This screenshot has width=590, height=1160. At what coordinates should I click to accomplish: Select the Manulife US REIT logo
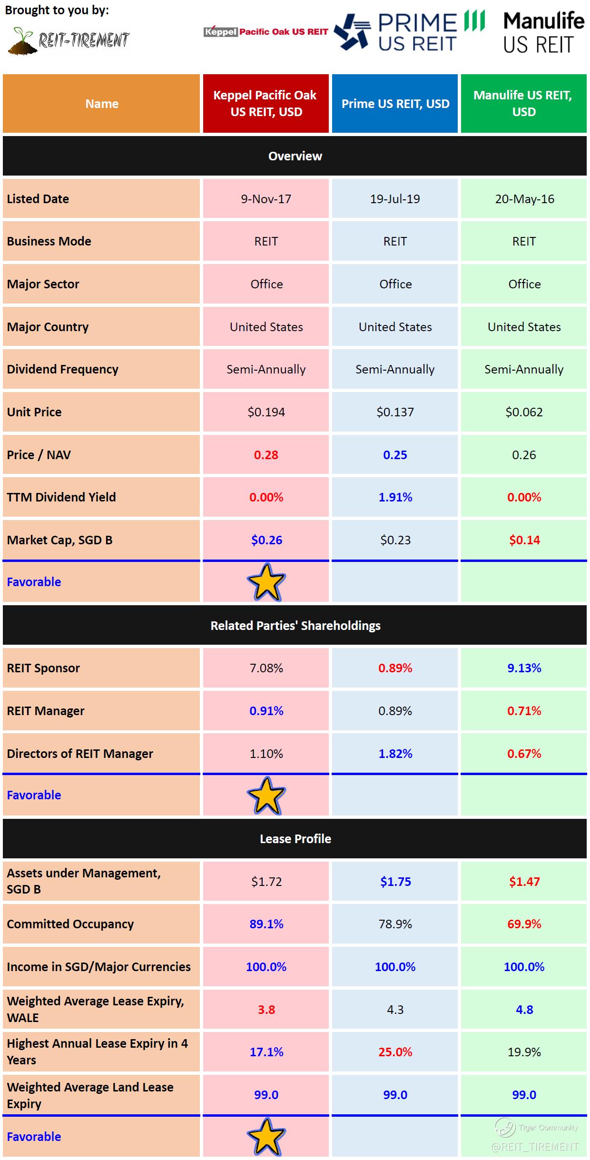(543, 32)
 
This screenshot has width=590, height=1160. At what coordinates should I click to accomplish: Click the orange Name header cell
(101, 104)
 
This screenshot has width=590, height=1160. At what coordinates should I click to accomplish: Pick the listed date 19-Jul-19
(395, 199)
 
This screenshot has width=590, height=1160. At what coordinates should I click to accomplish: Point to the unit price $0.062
(524, 412)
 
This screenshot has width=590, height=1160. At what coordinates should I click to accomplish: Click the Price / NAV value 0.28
(266, 455)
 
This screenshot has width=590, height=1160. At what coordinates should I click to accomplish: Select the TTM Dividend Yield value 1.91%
(395, 497)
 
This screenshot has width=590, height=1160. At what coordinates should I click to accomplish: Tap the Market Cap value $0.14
(524, 540)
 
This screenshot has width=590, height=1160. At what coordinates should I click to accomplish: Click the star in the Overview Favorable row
(266, 582)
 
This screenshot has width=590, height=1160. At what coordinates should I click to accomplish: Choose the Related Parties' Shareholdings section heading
(295, 626)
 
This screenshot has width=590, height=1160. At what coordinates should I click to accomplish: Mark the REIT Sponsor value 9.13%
(524, 668)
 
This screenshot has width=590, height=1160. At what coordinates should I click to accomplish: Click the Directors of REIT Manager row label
(80, 754)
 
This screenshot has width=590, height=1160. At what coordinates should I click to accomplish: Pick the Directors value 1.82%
(395, 754)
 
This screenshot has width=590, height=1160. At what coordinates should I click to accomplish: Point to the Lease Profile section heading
(295, 839)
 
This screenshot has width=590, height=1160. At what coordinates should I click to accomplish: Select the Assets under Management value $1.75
(395, 882)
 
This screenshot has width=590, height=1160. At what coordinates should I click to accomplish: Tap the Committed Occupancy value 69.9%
(524, 924)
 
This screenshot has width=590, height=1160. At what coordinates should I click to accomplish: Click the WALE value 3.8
(266, 1010)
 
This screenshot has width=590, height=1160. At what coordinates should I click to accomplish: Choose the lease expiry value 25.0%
(395, 1052)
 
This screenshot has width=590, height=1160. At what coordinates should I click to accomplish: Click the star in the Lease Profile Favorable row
(266, 1137)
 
